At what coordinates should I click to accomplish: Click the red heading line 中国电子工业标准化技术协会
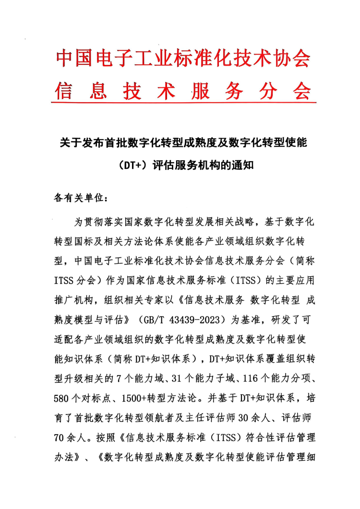click(x=183, y=59)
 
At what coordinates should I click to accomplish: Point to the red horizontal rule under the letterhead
click(x=183, y=102)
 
